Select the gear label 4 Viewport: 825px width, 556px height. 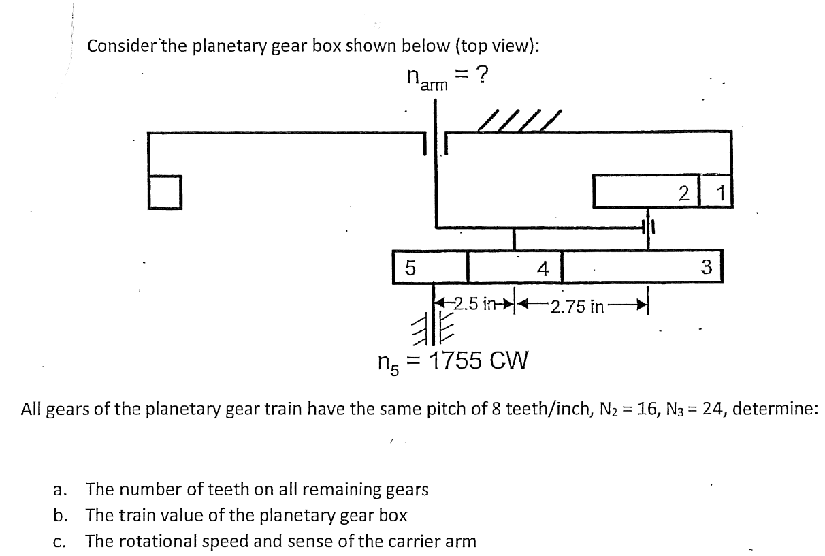(543, 268)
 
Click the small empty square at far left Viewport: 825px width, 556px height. (164, 191)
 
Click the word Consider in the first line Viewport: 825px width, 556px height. (123, 46)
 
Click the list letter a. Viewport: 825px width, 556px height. (59, 489)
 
